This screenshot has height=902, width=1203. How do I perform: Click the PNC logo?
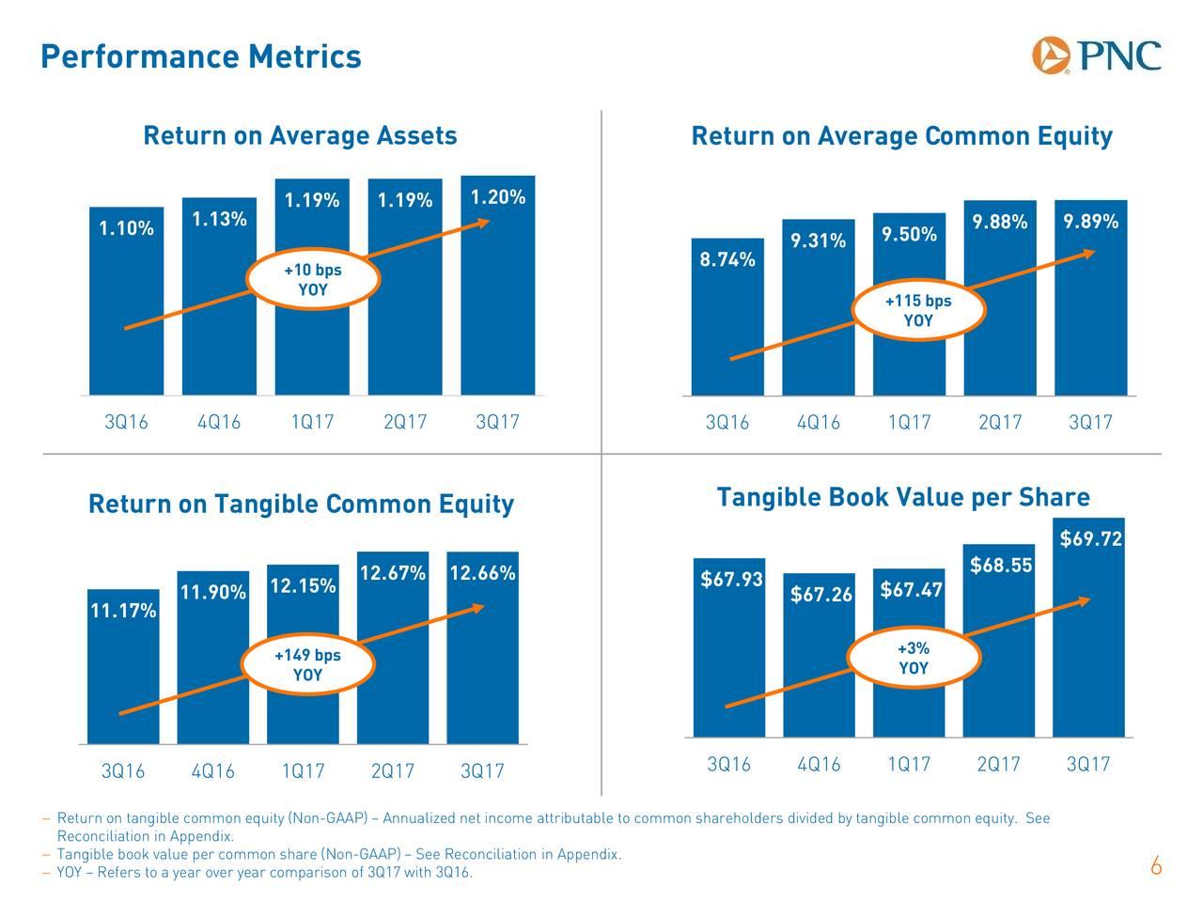(x=1096, y=55)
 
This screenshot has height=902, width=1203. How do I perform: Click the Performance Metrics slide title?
(x=201, y=57)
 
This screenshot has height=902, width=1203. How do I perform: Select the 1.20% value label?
(x=497, y=197)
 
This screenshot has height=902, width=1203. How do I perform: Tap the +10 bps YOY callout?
(x=313, y=280)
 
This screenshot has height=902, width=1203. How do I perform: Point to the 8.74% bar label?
(x=727, y=260)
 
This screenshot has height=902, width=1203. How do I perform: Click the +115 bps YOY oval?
(x=918, y=311)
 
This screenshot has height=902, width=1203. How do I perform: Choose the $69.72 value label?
(x=1090, y=539)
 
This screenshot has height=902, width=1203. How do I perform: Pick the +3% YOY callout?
(x=914, y=658)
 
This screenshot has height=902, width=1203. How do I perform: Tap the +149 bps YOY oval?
(x=307, y=665)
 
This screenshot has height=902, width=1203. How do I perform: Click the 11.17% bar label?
(x=123, y=612)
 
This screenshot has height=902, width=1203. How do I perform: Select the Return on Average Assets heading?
(x=300, y=137)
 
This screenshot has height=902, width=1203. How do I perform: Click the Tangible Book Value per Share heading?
(x=902, y=497)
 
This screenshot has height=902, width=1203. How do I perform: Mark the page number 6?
(x=1156, y=867)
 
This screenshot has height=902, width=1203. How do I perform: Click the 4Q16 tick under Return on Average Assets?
(x=219, y=423)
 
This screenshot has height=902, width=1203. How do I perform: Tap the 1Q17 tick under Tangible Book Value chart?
(x=908, y=765)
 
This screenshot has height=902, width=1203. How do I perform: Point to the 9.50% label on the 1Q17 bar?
(x=909, y=234)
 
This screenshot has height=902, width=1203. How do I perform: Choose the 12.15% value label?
(x=303, y=586)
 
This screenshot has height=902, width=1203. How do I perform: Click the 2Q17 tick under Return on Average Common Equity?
(x=999, y=423)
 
